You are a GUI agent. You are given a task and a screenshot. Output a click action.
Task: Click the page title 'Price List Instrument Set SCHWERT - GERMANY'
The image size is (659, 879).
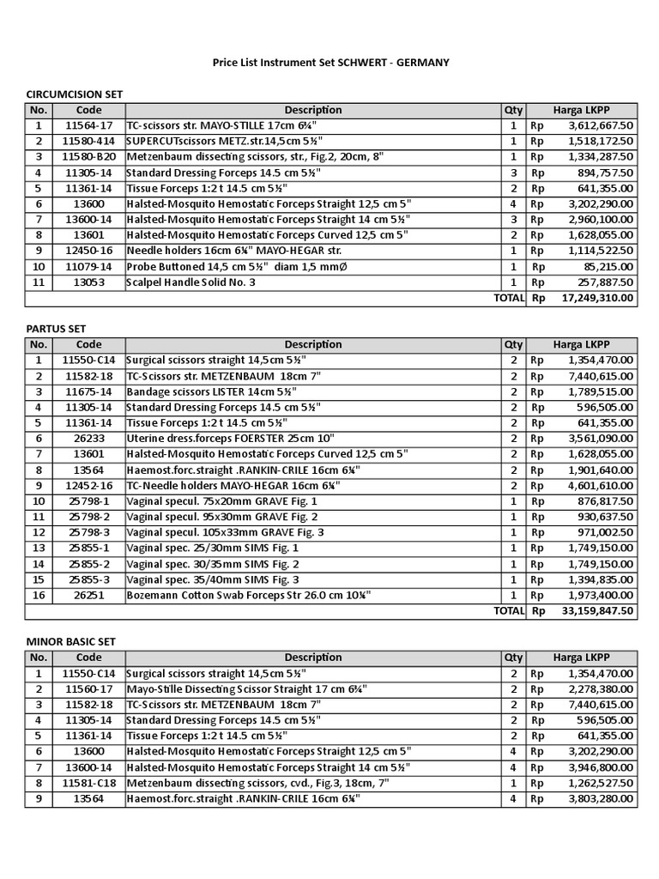point(330,63)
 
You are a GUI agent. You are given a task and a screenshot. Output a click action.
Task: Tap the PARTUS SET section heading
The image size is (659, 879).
point(56,329)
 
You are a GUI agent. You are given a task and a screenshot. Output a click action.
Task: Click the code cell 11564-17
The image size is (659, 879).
point(88,125)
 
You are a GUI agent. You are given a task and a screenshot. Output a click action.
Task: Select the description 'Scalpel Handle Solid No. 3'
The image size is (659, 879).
point(190,282)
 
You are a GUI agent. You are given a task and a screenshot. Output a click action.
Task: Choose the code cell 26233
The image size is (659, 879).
point(88,438)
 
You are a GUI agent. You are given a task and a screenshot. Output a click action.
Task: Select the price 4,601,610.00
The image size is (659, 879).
point(601,485)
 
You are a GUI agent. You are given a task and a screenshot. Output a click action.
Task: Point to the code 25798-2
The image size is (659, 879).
point(88,517)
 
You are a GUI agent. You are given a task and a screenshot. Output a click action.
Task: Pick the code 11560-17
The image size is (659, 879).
point(88,688)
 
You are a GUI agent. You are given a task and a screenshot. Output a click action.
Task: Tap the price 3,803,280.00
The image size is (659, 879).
point(601,798)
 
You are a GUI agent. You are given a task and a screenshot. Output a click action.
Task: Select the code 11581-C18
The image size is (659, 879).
point(88,783)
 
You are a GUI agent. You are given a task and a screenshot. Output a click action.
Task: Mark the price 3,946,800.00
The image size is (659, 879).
point(601,767)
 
